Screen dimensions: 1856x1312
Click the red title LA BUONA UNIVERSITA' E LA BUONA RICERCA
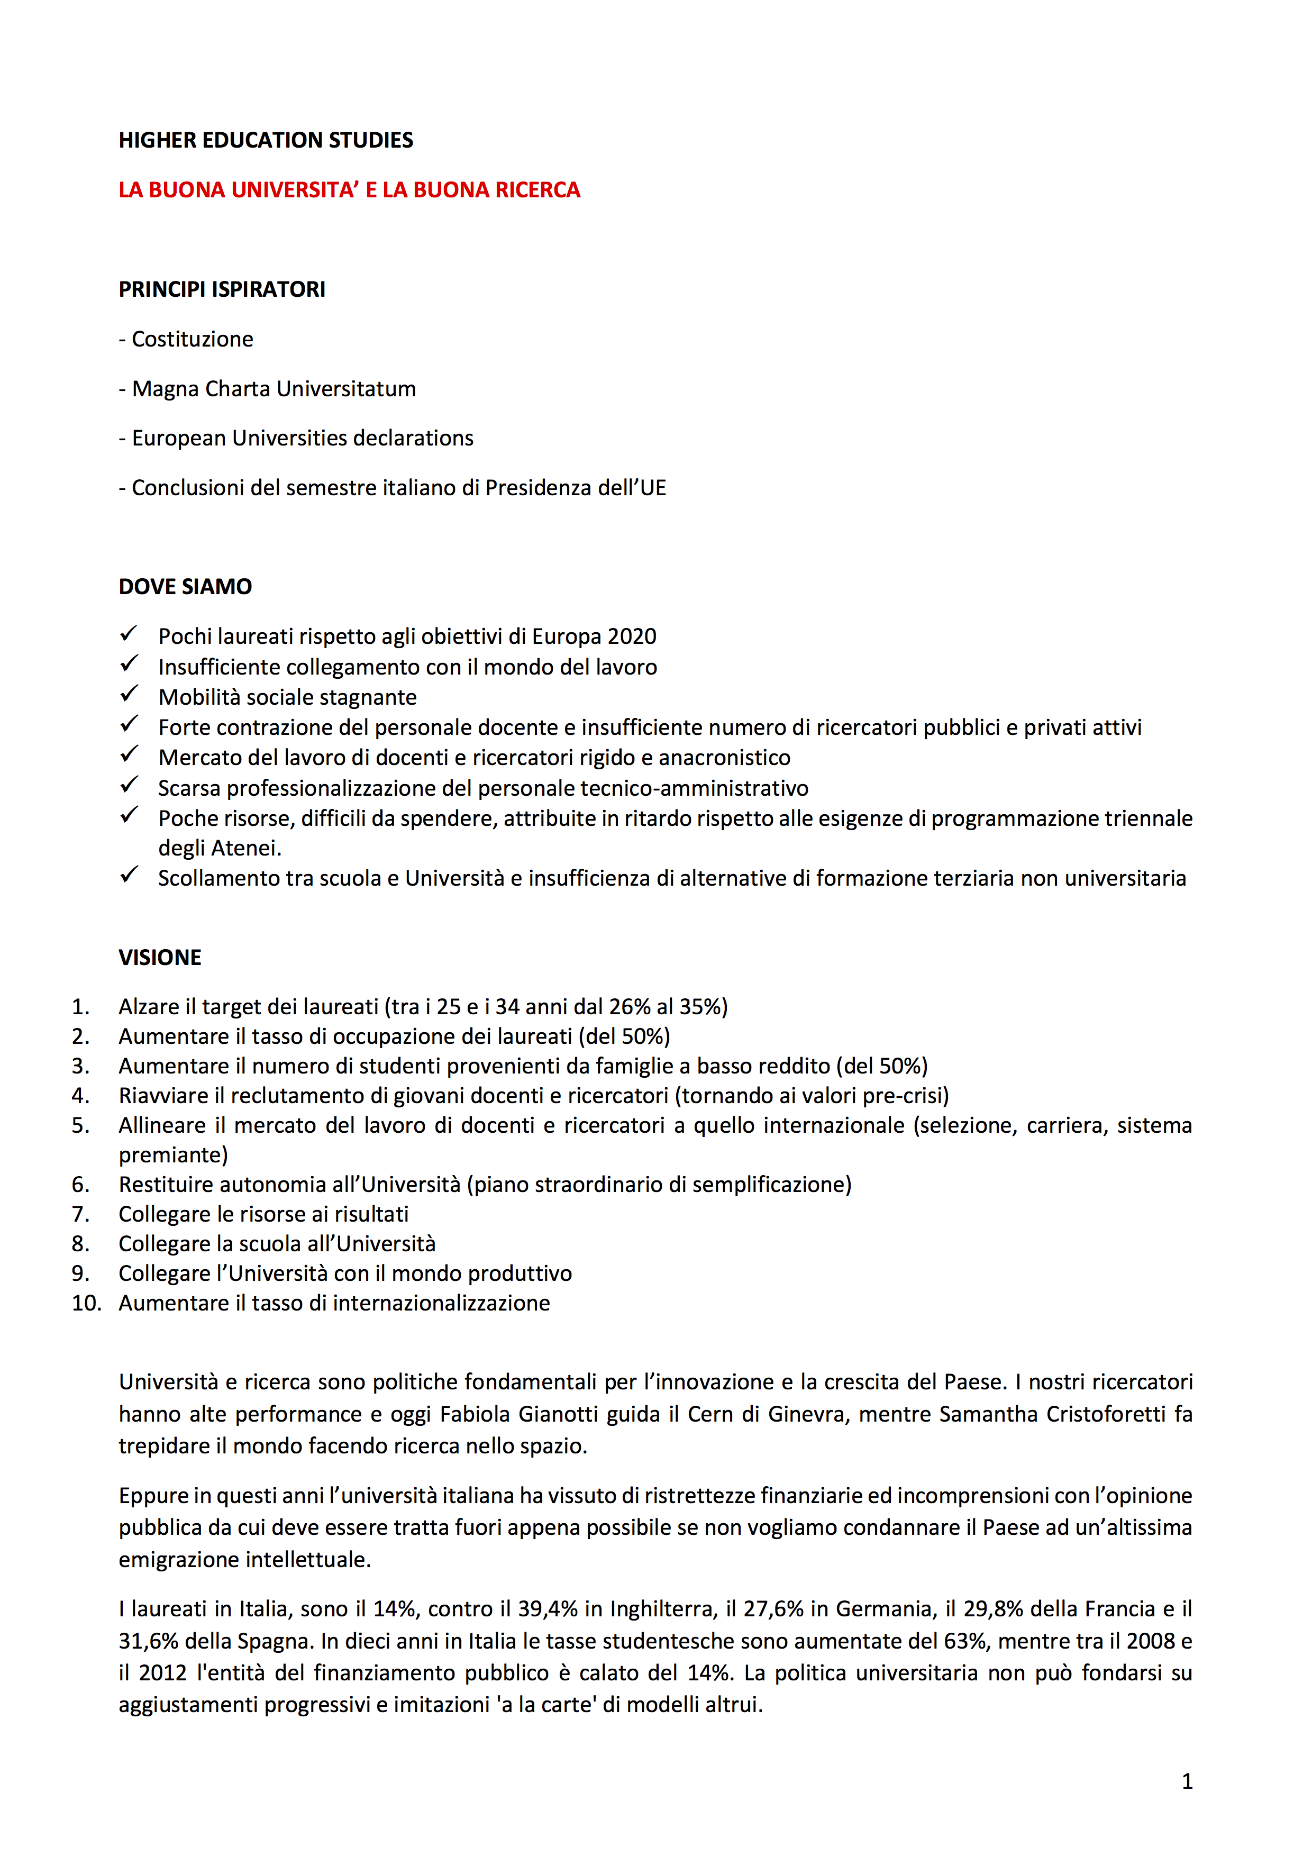coord(349,190)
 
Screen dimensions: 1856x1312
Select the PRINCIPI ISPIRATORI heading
coord(222,289)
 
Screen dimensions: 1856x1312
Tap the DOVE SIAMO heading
coord(185,587)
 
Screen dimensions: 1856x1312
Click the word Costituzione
coord(193,340)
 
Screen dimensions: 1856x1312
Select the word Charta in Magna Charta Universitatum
coord(238,389)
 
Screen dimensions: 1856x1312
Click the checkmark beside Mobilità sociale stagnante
coord(129,694)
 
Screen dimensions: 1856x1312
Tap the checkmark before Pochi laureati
coord(129,634)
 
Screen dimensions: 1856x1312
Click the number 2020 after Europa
coord(631,637)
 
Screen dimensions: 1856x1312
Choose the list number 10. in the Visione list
coord(86,1303)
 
